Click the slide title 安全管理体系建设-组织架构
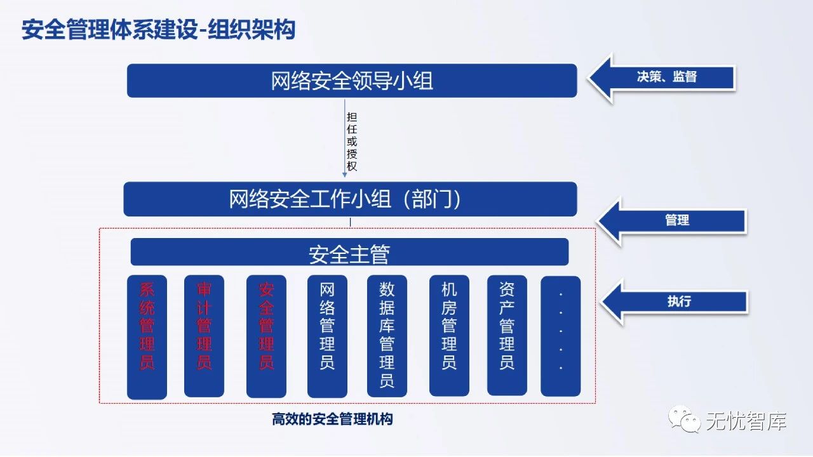pos(158,30)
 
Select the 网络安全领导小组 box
pos(352,81)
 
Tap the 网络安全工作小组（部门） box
pos(350,199)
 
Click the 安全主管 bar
pos(349,253)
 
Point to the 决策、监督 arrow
pos(664,77)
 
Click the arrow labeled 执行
pos(675,301)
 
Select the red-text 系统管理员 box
pos(147,336)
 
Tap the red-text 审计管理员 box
pos(204,336)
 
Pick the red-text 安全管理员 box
pos(266,336)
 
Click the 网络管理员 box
pos(327,336)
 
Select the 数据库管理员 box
pos(387,336)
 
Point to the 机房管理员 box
pos(449,336)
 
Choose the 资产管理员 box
pos(507,336)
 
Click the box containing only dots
pos(560,336)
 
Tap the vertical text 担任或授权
pos(352,142)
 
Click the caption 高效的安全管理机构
pos(332,420)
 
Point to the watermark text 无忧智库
pos(746,421)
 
